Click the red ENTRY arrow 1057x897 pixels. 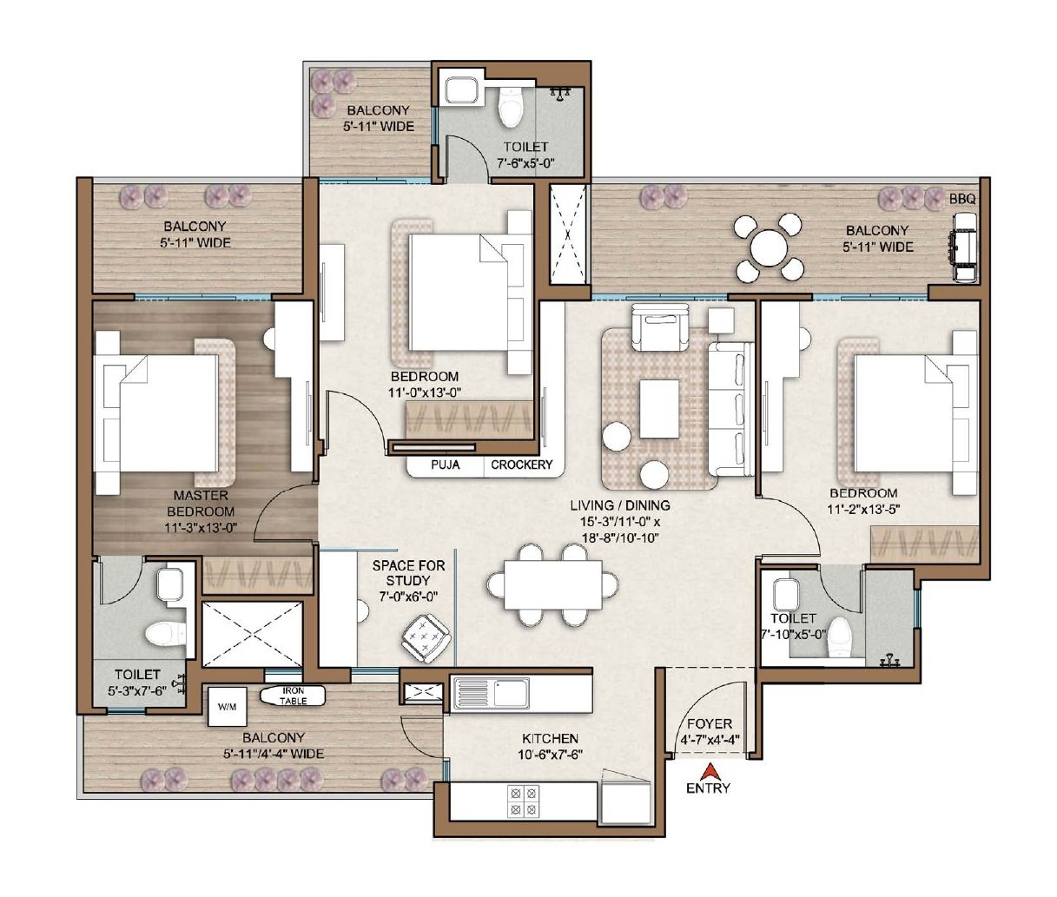[708, 771]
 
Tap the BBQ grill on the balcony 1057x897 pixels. [964, 247]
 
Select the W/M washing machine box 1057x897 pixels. [227, 707]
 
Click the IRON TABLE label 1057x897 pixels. [293, 696]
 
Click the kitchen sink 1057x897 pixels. [492, 693]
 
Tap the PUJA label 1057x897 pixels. [445, 465]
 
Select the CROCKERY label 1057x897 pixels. [522, 465]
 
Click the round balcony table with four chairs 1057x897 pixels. [768, 247]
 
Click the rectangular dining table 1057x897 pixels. [552, 584]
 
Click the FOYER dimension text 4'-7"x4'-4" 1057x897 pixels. [710, 740]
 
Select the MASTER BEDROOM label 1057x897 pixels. [201, 504]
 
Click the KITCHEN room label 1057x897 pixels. [550, 738]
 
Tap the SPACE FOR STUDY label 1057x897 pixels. [408, 573]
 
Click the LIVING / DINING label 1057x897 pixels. [620, 505]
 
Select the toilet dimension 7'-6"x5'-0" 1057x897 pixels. [525, 163]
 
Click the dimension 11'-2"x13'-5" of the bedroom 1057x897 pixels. [863, 510]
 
